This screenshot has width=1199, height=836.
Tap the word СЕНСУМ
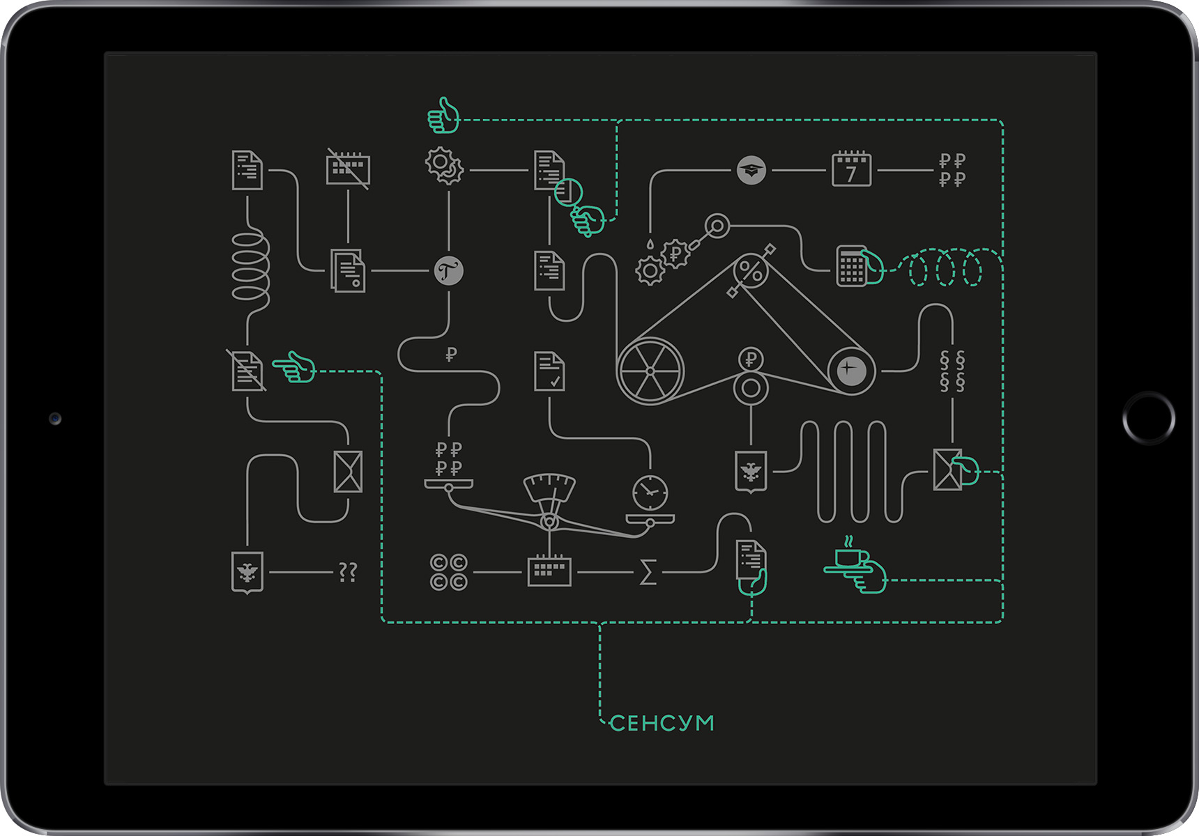(x=662, y=723)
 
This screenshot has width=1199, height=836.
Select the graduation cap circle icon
(x=751, y=170)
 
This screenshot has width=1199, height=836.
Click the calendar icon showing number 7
(x=851, y=169)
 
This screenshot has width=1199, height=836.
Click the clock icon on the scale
(x=650, y=493)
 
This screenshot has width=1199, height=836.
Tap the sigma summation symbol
(x=648, y=573)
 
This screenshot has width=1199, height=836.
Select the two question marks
(x=347, y=573)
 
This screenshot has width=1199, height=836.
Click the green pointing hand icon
(x=294, y=367)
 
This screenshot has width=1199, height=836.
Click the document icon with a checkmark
(x=549, y=371)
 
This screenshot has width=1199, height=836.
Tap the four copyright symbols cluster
(x=448, y=572)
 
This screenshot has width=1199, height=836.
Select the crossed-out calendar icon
(x=348, y=169)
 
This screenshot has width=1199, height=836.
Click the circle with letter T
(x=448, y=270)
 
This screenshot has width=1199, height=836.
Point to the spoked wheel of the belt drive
(x=650, y=371)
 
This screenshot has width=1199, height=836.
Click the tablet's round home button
(x=1148, y=418)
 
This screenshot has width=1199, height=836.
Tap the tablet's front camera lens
(x=55, y=419)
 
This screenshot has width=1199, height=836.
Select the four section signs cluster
(x=952, y=371)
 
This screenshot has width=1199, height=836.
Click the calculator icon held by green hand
(x=851, y=265)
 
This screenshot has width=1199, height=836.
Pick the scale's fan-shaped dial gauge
(x=549, y=487)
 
